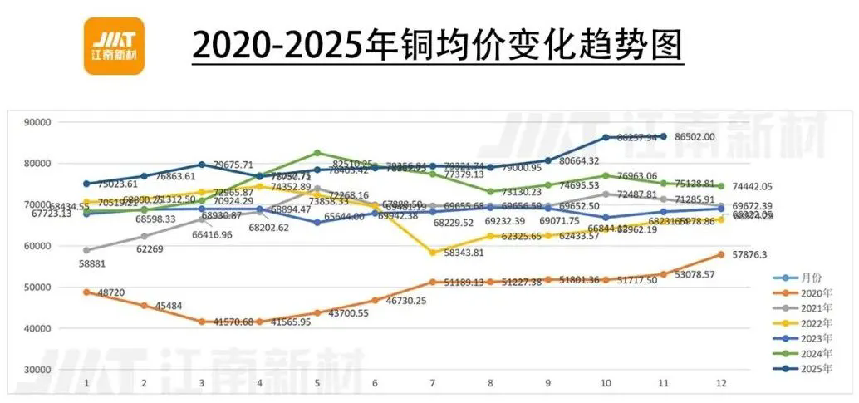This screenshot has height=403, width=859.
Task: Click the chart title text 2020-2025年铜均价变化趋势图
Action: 437,44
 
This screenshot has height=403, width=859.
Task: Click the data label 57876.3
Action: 749,256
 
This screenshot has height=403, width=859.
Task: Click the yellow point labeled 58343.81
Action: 432,253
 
